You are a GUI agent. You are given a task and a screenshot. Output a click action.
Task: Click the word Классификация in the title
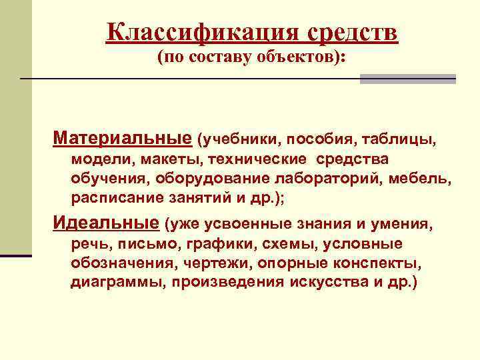[204, 32]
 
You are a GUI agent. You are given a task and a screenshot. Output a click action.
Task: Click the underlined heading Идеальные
[106, 222]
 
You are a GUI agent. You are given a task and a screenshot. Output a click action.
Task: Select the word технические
[257, 159]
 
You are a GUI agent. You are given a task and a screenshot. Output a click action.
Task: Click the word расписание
[114, 198]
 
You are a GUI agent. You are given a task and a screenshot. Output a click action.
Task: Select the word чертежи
[211, 262]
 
